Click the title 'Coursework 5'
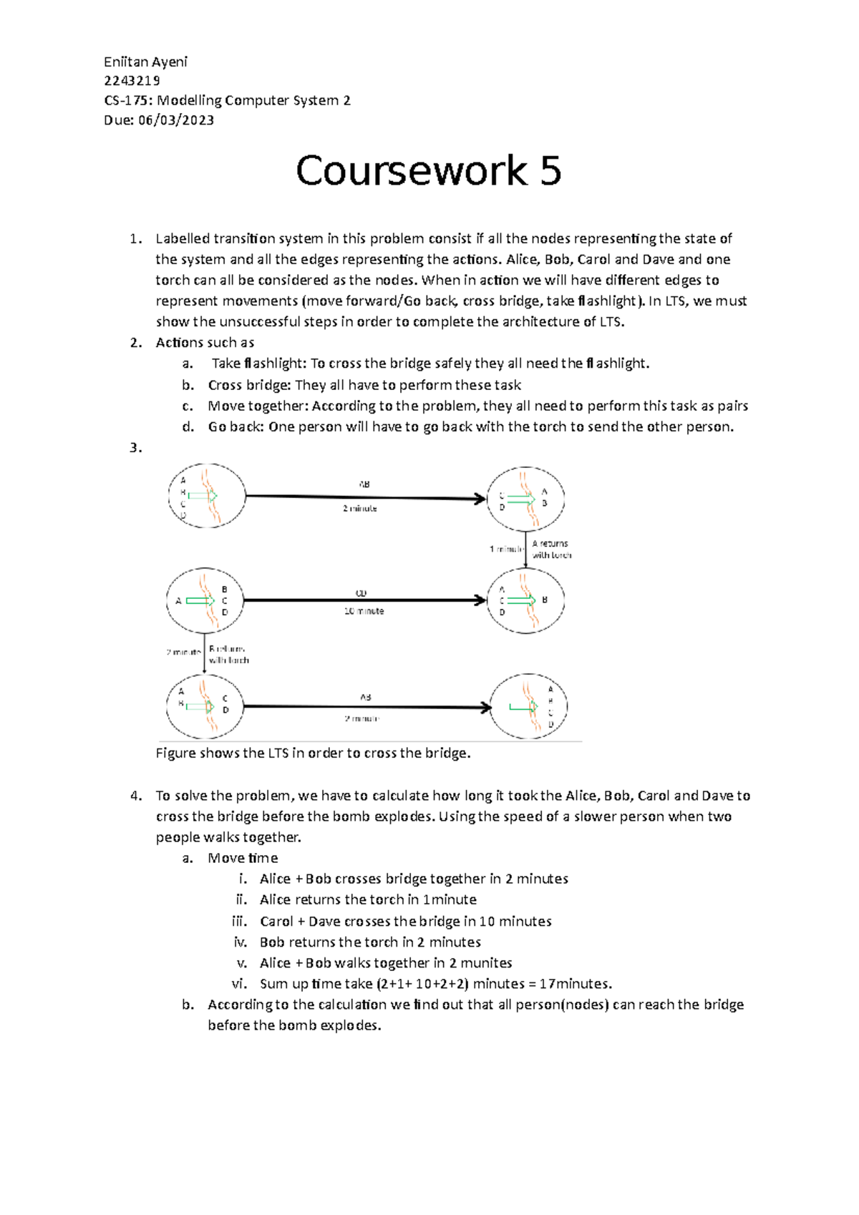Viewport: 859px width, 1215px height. (428, 171)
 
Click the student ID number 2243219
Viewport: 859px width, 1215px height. (132, 81)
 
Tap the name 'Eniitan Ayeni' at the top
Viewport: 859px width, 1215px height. (145, 62)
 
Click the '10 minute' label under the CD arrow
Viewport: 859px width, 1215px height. (364, 611)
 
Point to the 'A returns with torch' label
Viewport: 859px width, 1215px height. (551, 550)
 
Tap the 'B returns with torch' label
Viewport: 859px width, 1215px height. (228, 654)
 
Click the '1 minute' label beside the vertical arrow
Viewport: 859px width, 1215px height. (506, 549)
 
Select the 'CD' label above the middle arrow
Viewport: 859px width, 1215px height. (361, 593)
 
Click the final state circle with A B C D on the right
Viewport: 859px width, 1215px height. (528, 706)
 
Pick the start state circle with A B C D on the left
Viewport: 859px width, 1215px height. (206, 496)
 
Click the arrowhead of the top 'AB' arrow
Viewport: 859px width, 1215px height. (480, 498)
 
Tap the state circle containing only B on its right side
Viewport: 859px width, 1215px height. (526, 600)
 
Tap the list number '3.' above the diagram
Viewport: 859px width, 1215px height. (136, 448)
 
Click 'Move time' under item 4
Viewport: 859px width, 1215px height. (243, 858)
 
